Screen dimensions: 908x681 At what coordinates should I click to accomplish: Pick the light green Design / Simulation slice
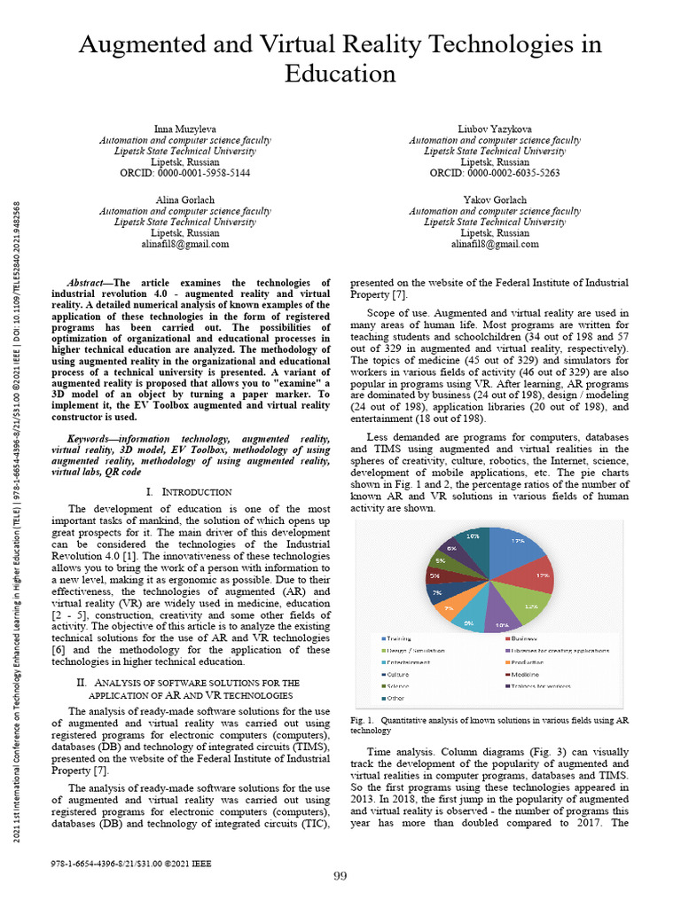[x=528, y=605]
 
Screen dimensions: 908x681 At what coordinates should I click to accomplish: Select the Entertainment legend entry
[x=408, y=661]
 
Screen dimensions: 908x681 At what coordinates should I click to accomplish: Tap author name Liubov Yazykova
[x=494, y=129]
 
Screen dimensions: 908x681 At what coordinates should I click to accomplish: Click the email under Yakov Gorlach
[x=494, y=244]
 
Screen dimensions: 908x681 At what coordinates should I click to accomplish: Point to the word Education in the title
[x=340, y=74]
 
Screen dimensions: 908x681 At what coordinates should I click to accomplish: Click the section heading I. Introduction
[x=187, y=491]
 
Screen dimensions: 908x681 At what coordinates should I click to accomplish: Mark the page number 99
[x=340, y=876]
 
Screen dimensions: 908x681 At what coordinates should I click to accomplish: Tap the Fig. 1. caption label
[x=364, y=720]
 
